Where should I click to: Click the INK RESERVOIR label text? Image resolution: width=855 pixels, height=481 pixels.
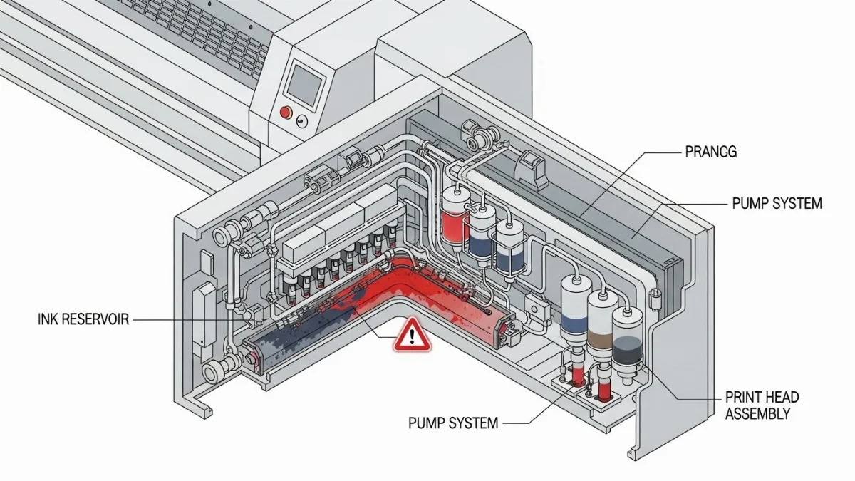tap(83, 319)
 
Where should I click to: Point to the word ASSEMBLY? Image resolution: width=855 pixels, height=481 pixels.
tap(757, 413)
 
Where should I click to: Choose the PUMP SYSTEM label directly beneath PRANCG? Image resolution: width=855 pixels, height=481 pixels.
tap(777, 204)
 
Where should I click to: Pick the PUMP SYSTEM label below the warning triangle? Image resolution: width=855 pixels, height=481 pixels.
tap(453, 423)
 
